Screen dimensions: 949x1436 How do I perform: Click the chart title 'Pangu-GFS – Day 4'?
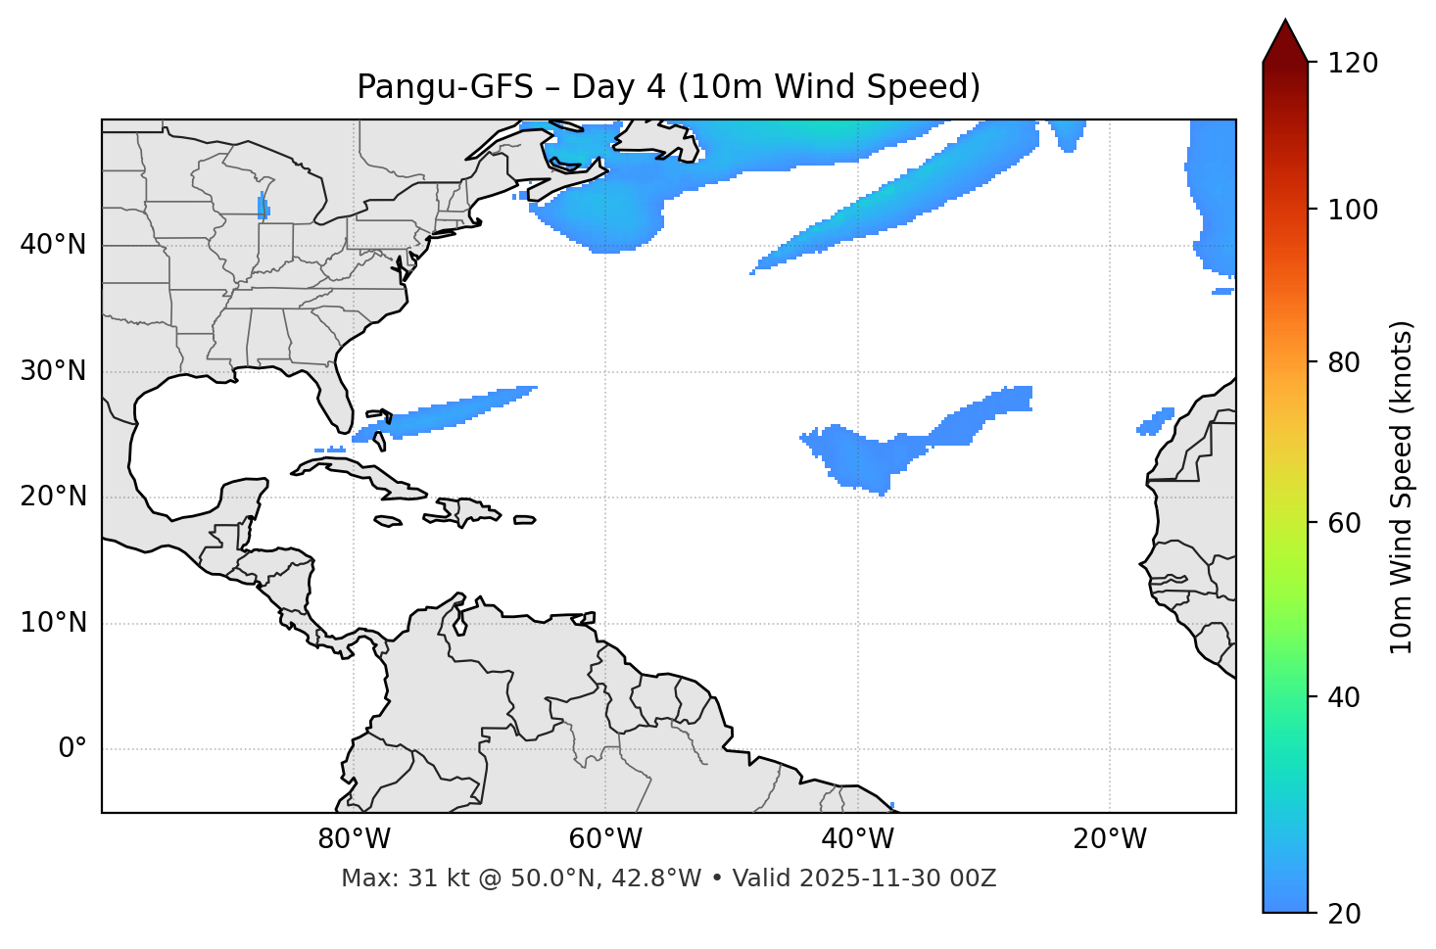click(668, 87)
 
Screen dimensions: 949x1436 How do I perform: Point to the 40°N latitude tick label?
click(53, 245)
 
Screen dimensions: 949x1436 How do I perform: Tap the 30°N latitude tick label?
click(53, 371)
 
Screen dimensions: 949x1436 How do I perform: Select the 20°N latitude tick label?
click(53, 497)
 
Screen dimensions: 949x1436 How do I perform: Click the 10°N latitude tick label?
click(53, 623)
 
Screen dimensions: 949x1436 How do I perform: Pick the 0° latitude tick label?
click(72, 749)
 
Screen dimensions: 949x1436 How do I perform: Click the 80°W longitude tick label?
click(354, 839)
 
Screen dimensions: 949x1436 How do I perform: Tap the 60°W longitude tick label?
click(605, 839)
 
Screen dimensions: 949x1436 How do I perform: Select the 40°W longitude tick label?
click(857, 839)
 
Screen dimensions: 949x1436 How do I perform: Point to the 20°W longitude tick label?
click(1109, 839)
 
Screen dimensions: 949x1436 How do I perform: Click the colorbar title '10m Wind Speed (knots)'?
click(1402, 487)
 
